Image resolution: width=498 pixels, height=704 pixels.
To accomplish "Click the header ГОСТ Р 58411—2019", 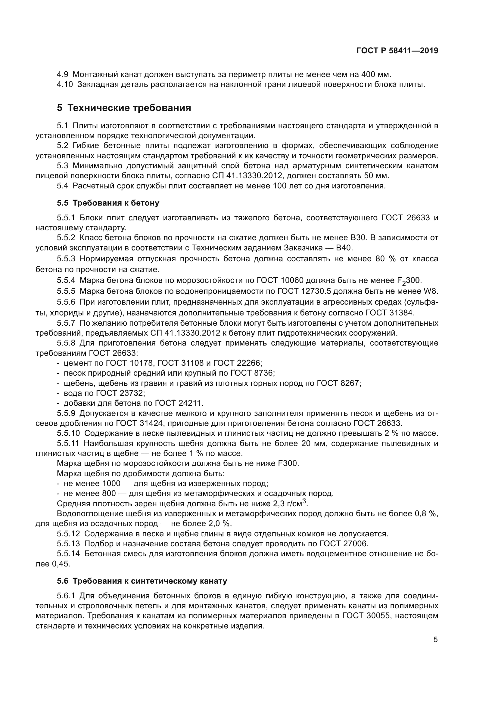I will [397, 51].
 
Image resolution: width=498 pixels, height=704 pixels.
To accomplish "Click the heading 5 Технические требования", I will [124, 108].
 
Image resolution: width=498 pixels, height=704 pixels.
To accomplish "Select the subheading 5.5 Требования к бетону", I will [108, 203].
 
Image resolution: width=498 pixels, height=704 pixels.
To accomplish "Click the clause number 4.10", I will [65, 85].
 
